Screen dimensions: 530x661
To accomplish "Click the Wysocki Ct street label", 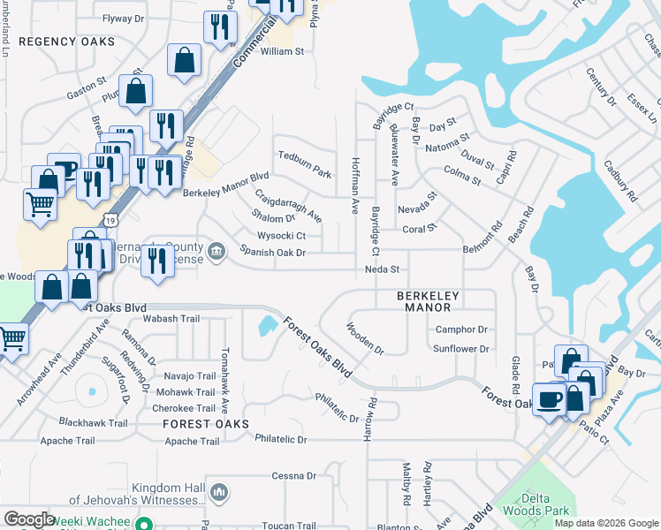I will point(281,236).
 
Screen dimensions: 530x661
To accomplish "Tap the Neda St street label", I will point(384,269).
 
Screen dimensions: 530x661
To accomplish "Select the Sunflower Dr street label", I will point(461,349).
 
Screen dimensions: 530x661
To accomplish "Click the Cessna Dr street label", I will point(294,475).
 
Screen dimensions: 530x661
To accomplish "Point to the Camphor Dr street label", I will point(462,329).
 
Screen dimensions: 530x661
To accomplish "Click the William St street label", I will point(282,52).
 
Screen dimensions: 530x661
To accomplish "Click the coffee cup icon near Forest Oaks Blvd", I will point(548,397).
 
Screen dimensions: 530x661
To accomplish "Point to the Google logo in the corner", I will point(30,519).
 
